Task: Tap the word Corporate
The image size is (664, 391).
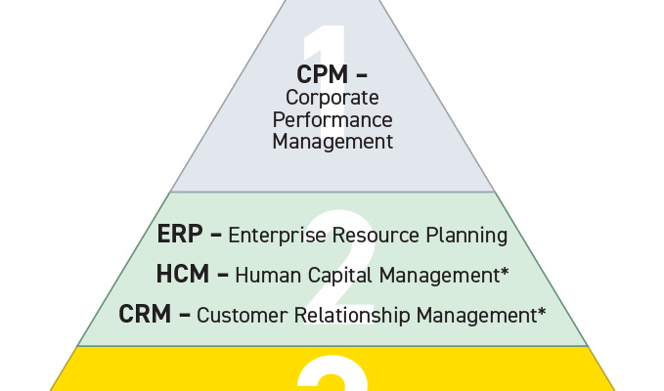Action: pos(332,98)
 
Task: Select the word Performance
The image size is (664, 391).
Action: pos(332,119)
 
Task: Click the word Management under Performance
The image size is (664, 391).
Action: pos(332,142)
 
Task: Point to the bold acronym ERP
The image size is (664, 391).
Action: pos(178,236)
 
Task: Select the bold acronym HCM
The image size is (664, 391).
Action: pos(182,275)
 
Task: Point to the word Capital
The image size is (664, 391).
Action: pos(336,276)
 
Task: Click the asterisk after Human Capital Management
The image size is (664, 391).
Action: pos(505,272)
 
